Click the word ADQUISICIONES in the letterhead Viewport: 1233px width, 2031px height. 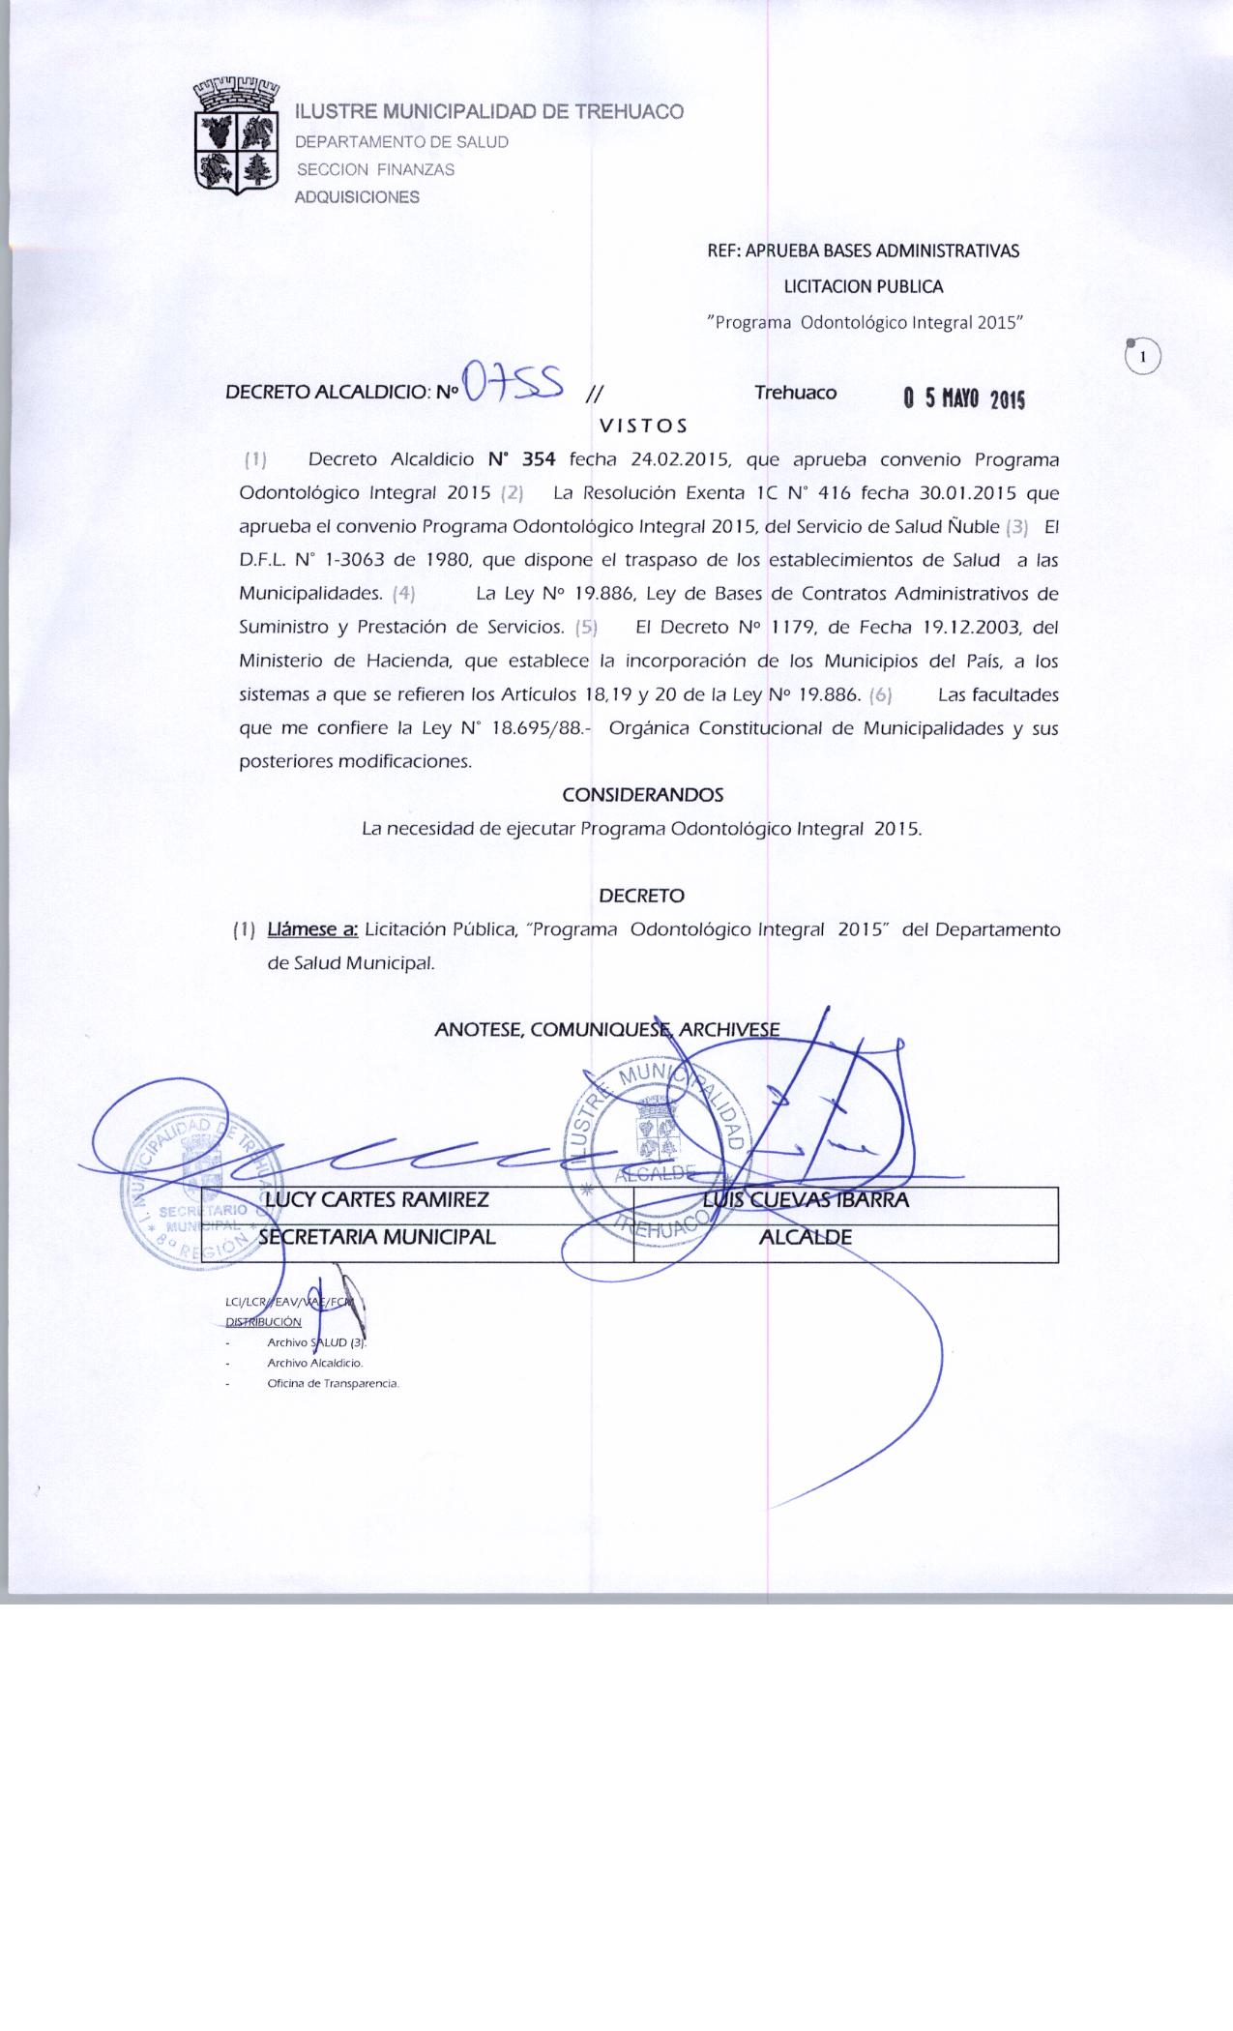pos(357,197)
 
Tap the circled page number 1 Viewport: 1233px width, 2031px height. pos(1143,357)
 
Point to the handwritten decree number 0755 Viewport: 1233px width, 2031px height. pos(514,383)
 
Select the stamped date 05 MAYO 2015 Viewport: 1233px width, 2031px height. pos(963,399)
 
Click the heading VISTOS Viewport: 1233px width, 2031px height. pos(643,426)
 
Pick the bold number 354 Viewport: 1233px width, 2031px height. pos(536,459)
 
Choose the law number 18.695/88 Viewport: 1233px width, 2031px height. pos(537,728)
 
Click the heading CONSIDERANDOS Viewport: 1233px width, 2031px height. pos(643,795)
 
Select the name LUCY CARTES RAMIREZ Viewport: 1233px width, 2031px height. pos(377,1200)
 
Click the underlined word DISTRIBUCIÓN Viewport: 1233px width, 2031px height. pos(263,1322)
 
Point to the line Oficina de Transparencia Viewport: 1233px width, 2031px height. pos(333,1383)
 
